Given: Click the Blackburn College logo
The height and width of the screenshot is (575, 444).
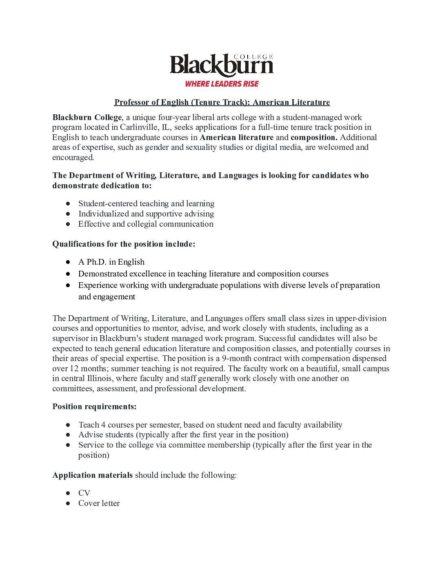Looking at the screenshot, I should [x=222, y=65].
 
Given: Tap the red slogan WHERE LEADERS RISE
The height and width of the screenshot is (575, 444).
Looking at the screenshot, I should [x=222, y=84].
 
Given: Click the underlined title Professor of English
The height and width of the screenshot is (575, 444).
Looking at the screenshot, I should [x=222, y=102].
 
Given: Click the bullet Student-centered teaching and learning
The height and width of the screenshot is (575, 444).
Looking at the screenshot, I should [x=146, y=203].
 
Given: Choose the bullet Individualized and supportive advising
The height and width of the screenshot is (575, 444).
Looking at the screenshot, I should [x=146, y=214].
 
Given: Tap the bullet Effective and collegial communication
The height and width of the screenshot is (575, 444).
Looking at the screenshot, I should [x=146, y=224].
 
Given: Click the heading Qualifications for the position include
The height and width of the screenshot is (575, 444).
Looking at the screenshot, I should [x=124, y=244].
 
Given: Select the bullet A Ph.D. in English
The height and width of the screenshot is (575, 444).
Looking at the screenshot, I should [x=111, y=262].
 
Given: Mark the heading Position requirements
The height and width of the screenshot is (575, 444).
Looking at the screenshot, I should [x=94, y=406].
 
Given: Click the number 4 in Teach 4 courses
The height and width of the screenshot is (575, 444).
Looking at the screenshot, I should [x=103, y=425].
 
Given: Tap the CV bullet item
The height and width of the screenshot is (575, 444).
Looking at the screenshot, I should [x=84, y=493].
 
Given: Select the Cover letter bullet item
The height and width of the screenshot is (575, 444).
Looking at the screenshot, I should [x=99, y=503].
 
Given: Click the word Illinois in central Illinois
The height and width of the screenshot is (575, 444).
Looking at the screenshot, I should [x=99, y=378].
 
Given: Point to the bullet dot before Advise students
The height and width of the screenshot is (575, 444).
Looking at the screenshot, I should [x=68, y=435].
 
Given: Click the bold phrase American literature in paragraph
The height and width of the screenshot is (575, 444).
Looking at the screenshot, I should [x=237, y=137].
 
